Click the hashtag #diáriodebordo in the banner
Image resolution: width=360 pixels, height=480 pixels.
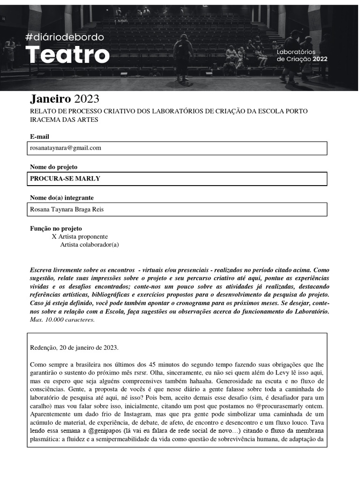65,37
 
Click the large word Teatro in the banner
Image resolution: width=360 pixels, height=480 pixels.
67,55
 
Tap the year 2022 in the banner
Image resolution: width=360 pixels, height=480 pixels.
320,59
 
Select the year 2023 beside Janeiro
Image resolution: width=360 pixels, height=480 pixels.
87,99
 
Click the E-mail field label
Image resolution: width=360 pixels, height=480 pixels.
39,136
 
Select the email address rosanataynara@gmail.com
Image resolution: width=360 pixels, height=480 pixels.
66,148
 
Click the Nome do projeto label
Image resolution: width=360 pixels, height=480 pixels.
53,167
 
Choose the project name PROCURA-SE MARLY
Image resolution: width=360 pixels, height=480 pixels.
65,179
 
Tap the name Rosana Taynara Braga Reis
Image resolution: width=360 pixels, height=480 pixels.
67,210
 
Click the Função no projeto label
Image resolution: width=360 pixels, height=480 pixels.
56,228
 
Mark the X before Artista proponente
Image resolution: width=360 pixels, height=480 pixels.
54,237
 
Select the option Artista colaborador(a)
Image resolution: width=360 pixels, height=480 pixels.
90,245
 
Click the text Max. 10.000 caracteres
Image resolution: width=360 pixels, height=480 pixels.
62,320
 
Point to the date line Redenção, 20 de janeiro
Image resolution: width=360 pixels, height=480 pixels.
74,348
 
